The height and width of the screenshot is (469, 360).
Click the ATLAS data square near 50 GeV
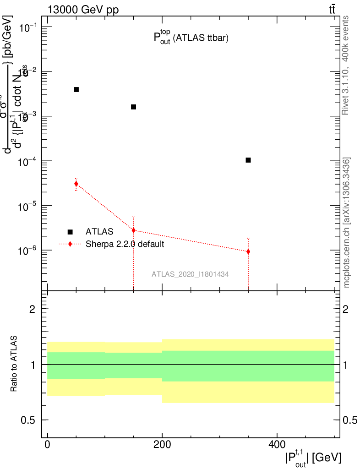pos(76,89)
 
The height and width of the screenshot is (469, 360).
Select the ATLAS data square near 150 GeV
pos(133,107)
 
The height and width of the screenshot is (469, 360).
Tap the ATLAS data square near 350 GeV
pos(248,160)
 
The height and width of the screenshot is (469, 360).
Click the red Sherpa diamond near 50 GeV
pos(76,184)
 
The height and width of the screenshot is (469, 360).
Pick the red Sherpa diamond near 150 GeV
pos(133,230)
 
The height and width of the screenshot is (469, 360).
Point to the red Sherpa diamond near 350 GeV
pos(248,251)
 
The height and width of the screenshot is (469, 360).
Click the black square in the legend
pos(70,232)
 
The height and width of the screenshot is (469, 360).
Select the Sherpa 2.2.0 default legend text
pos(125,244)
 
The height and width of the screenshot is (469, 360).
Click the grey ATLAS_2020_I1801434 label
pos(190,274)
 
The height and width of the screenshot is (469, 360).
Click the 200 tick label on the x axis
pos(162,444)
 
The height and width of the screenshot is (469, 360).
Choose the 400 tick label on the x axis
pos(277,444)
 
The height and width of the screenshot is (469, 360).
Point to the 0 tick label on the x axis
pos(47,444)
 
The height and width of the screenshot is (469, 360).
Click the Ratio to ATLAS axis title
pos(14,364)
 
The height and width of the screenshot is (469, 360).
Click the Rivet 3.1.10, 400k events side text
pos(346,65)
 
